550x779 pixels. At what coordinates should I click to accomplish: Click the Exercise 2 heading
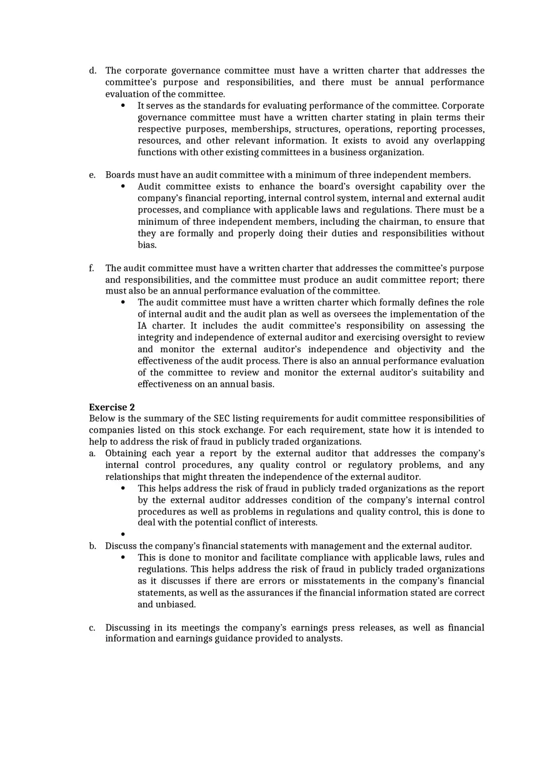[112, 407]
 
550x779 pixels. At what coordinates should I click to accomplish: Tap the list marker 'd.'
[92, 71]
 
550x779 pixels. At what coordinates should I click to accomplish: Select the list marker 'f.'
[91, 268]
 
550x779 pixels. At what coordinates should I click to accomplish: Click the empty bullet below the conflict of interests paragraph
[123, 534]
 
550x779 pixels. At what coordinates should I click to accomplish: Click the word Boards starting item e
[119, 175]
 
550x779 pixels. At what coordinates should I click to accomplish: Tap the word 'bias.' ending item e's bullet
[147, 245]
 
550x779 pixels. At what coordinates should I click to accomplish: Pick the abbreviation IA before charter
[142, 325]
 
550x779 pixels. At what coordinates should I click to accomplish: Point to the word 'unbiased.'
[176, 604]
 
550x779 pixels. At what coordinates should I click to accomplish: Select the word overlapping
[457, 141]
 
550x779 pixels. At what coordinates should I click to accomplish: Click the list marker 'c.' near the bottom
[92, 627]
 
